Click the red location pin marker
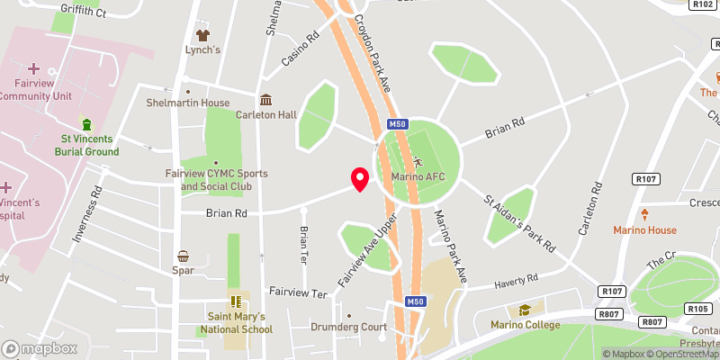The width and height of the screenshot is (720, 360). [x=359, y=178]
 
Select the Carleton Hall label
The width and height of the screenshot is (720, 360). [x=266, y=115]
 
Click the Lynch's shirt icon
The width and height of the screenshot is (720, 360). [x=202, y=35]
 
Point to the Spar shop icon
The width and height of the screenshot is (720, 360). [x=184, y=256]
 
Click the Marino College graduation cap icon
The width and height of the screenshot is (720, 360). [x=525, y=310]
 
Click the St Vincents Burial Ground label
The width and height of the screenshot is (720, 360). [x=89, y=145]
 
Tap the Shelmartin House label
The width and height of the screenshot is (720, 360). [x=188, y=103]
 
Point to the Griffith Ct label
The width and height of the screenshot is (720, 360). [x=83, y=13]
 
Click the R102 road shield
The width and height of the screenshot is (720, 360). [x=704, y=4]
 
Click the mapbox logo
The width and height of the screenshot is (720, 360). [x=39, y=348]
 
